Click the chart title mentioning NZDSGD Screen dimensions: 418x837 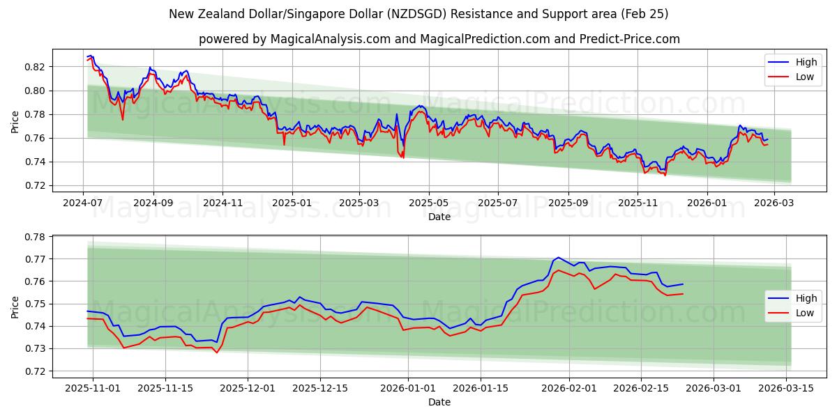coord(418,14)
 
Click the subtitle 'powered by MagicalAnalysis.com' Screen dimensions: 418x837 coord(439,39)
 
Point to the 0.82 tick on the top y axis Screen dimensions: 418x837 coord(35,67)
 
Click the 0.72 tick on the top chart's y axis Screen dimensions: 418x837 coord(35,185)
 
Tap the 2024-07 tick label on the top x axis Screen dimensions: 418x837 coord(84,203)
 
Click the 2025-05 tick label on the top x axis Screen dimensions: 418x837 coord(428,203)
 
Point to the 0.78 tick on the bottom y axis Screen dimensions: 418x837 coord(35,237)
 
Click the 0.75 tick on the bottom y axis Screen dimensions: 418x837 coord(35,304)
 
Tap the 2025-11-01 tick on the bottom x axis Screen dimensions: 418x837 coord(92,388)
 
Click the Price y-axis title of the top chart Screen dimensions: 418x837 coord(15,122)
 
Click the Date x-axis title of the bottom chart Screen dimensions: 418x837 coord(439,402)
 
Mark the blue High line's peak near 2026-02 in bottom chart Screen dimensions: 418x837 coord(557,257)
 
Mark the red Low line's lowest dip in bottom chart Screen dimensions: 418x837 coord(216,353)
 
